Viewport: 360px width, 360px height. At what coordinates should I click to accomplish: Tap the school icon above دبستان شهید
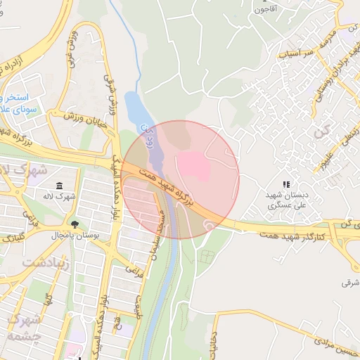(x=286, y=184)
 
